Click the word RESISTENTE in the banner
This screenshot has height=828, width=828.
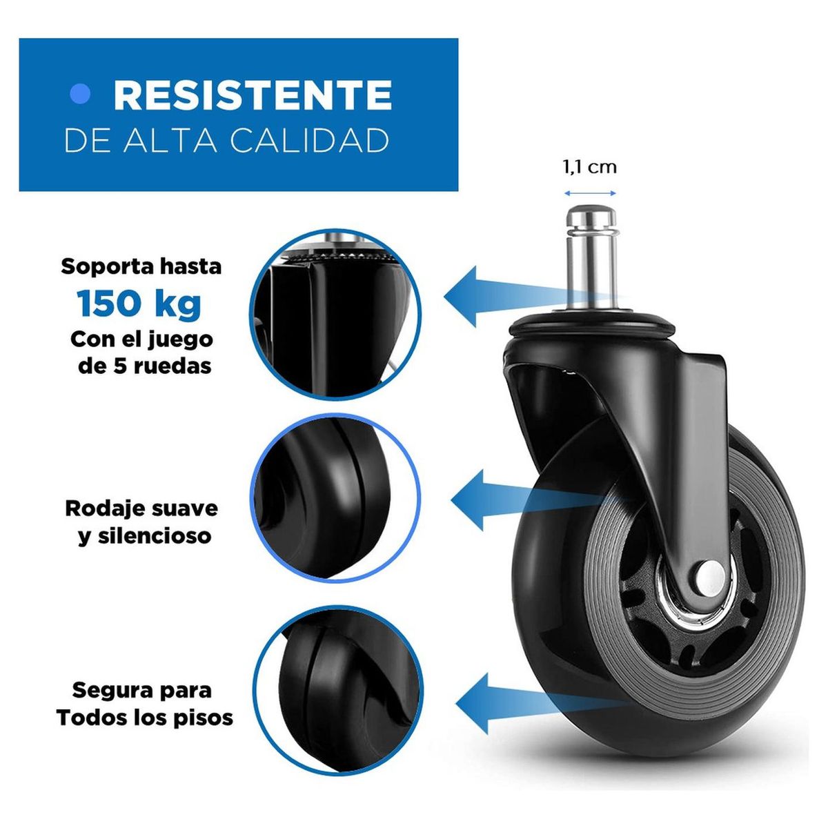pyautogui.click(x=253, y=95)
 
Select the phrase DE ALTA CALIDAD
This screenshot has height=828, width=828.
pyautogui.click(x=226, y=140)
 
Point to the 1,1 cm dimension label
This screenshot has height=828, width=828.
pyautogui.click(x=590, y=166)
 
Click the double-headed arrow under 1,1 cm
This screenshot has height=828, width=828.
pyautogui.click(x=590, y=193)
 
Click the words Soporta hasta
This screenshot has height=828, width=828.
pyautogui.click(x=141, y=266)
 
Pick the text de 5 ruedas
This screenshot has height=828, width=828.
pyautogui.click(x=144, y=366)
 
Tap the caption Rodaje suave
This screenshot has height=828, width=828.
pyautogui.click(x=141, y=509)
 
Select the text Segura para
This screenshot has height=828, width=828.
pyautogui.click(x=142, y=690)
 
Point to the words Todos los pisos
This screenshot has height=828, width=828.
pyautogui.click(x=145, y=718)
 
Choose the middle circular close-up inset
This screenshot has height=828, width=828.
pyautogui.click(x=336, y=498)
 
